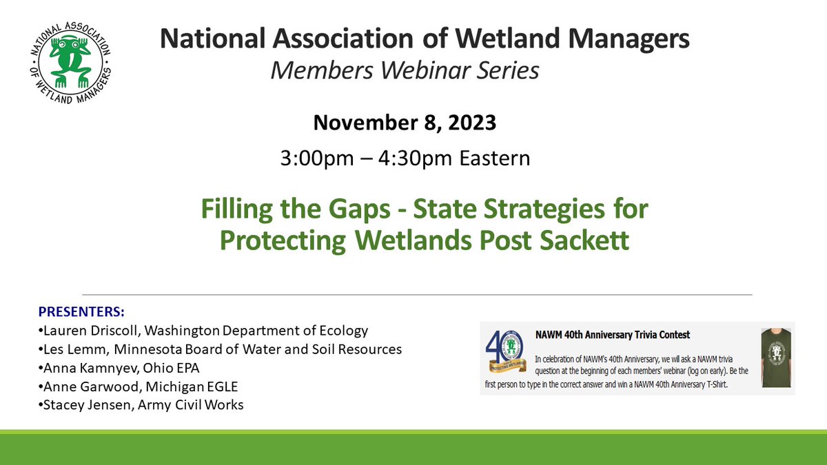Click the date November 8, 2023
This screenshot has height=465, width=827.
click(x=404, y=123)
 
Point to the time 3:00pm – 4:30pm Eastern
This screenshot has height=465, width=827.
click(x=404, y=158)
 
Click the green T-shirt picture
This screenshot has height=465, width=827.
click(x=775, y=358)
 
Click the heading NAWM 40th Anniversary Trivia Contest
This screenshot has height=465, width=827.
click(x=613, y=335)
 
